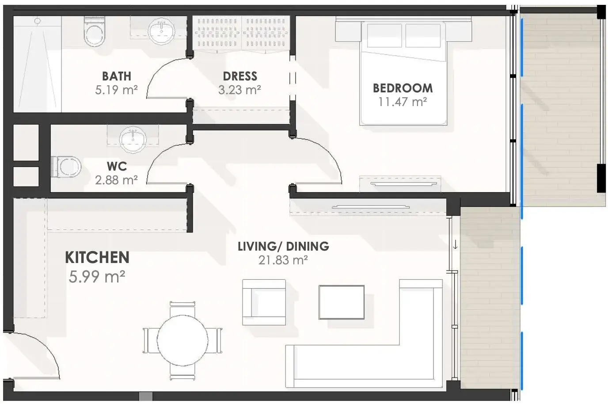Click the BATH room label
pyautogui.click(x=117, y=76)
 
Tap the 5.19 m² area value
pyautogui.click(x=117, y=90)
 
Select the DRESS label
pyautogui.click(x=240, y=76)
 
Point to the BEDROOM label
pyautogui.click(x=403, y=88)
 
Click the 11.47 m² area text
pyautogui.click(x=403, y=102)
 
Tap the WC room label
pyautogui.click(x=117, y=167)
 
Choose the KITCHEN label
pyautogui.click(x=97, y=257)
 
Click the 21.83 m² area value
pyautogui.click(x=283, y=260)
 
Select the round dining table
pyautogui.click(x=182, y=340)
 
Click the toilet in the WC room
pyautogui.click(x=66, y=166)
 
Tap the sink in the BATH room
pyautogui.click(x=162, y=31)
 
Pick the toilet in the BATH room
pyautogui.click(x=94, y=32)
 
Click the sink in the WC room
pyautogui.click(x=133, y=139)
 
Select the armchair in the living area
pyautogui.click(x=264, y=302)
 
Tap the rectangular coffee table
pyautogui.click(x=342, y=302)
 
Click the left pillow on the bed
pyautogui.click(x=384, y=35)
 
